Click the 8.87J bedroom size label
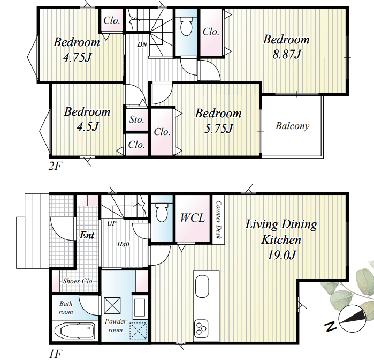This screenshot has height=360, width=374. pyautogui.click(x=287, y=55)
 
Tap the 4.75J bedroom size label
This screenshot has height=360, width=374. pyautogui.click(x=77, y=57)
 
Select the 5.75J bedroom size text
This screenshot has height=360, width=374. pyautogui.click(x=218, y=129)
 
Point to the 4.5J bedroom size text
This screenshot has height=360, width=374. pyautogui.click(x=88, y=126)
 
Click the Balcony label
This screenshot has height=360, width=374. pyautogui.click(x=293, y=126)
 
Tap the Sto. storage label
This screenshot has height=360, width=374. pyautogui.click(x=136, y=119)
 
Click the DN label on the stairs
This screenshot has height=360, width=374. pyautogui.click(x=142, y=44)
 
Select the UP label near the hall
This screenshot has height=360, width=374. pyautogui.click(x=112, y=223)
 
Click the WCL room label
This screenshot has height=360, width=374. pyautogui.click(x=193, y=217)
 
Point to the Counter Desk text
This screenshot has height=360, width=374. pyautogui.click(x=218, y=220)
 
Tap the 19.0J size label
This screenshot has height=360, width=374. pyautogui.click(x=281, y=255)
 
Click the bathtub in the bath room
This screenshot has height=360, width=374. pyautogui.click(x=75, y=331)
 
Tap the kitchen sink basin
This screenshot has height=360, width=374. pyautogui.click(x=202, y=286)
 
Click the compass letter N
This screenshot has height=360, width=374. pyautogui.click(x=331, y=326)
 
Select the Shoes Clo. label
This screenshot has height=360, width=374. pyautogui.click(x=78, y=281)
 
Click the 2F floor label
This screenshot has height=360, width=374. pyautogui.click(x=55, y=166)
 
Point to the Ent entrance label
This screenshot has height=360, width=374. pyautogui.click(x=87, y=235)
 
